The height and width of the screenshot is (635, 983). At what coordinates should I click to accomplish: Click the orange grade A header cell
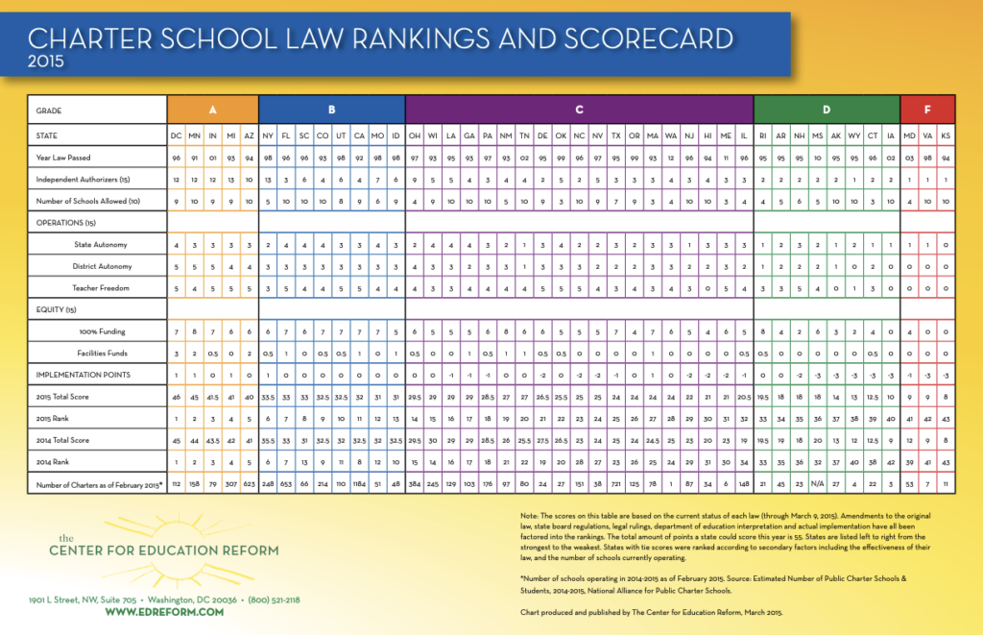[x=212, y=110]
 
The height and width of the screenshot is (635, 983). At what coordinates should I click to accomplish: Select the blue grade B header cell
[x=331, y=110]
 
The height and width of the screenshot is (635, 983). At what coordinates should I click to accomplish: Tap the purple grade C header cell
[x=579, y=110]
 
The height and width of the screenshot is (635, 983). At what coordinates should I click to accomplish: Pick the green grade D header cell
[x=826, y=110]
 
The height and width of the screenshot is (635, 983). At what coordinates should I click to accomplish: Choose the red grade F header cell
[x=927, y=110]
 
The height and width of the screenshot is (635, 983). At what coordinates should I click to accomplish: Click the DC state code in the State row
[x=177, y=136]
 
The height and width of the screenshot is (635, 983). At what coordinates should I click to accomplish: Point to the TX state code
[x=615, y=136]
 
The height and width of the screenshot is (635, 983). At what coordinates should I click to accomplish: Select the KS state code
[x=946, y=136]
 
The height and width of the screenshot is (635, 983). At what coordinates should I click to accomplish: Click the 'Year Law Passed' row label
[x=63, y=158]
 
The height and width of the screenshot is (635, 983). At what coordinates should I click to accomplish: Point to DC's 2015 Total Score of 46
[x=177, y=396]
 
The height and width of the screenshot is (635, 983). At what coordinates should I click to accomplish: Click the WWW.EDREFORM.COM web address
[x=164, y=611]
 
